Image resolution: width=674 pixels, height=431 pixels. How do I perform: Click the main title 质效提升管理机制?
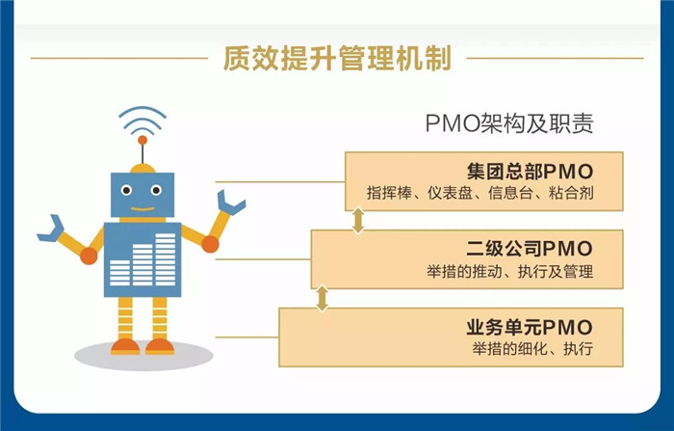click(x=337, y=58)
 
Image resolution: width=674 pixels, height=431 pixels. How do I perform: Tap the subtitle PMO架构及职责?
click(x=509, y=123)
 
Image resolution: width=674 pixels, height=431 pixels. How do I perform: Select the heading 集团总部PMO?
click(x=530, y=172)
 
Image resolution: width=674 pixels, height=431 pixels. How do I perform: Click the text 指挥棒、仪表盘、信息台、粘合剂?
click(x=480, y=193)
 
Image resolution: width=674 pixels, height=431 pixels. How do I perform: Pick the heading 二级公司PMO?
click(x=530, y=249)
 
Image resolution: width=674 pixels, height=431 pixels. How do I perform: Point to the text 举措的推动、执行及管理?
click(x=509, y=271)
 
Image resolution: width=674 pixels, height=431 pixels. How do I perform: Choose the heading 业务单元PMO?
click(x=530, y=327)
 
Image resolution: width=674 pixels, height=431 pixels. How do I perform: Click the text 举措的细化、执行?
click(x=532, y=348)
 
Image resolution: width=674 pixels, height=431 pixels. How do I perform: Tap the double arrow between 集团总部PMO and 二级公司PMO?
click(x=358, y=221)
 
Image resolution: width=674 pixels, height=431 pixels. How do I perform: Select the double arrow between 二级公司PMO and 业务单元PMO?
click(x=322, y=298)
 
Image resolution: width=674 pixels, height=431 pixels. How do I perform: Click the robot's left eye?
click(x=126, y=190)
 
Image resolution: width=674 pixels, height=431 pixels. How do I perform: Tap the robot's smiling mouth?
click(x=143, y=209)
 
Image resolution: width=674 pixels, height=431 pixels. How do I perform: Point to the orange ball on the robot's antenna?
click(x=143, y=140)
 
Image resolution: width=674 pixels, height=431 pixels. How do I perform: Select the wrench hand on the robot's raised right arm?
click(x=230, y=202)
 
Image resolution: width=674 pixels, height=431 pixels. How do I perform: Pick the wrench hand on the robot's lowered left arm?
click(x=51, y=229)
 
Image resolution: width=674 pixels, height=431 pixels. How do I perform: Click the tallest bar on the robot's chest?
click(x=166, y=259)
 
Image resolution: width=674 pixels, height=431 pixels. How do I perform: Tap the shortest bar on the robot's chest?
click(x=119, y=273)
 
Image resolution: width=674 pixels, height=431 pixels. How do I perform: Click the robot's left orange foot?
click(x=125, y=346)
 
